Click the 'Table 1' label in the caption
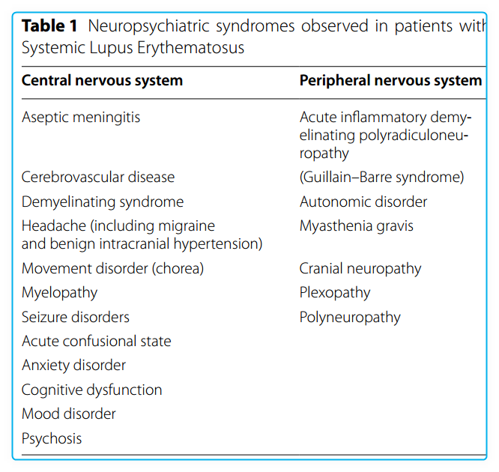pyautogui.click(x=49, y=26)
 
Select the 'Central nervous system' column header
pyautogui.click(x=102, y=80)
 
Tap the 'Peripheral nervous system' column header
pyautogui.click(x=390, y=80)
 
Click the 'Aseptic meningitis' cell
pyautogui.click(x=81, y=117)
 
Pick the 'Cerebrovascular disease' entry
pyautogui.click(x=98, y=178)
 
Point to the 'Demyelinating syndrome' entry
pyautogui.click(x=103, y=202)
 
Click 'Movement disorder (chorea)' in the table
pyautogui.click(x=112, y=268)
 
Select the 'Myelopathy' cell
pyautogui.click(x=60, y=292)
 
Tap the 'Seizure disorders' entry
pyautogui.click(x=76, y=317)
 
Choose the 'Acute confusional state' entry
pyautogui.click(x=97, y=341)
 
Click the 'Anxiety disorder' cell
pyautogui.click(x=73, y=365)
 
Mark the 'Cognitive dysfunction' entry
pyautogui.click(x=91, y=390)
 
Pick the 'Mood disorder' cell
pyautogui.click(x=69, y=414)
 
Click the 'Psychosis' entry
pyautogui.click(x=52, y=438)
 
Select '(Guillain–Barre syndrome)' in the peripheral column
pyautogui.click(x=381, y=178)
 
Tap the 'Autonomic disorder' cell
pyautogui.click(x=363, y=202)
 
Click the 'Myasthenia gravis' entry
pyautogui.click(x=357, y=226)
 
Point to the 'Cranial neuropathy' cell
pyautogui.click(x=360, y=268)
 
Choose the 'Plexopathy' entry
pyautogui.click(x=335, y=292)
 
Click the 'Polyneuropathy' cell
pyautogui.click(x=350, y=317)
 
